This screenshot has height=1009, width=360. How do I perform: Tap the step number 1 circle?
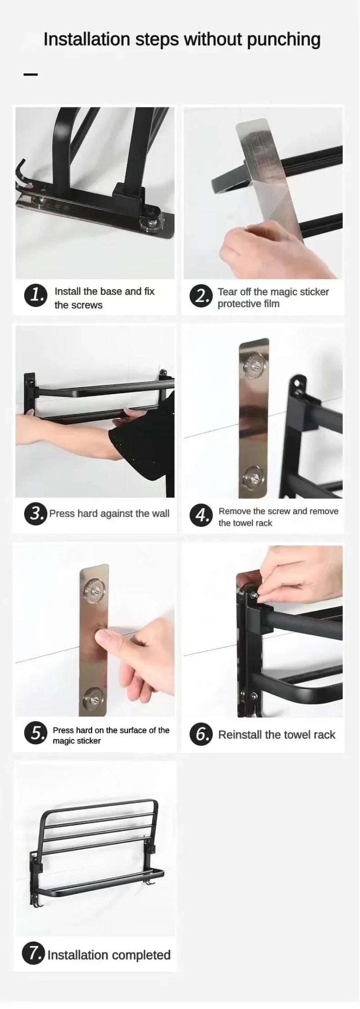pyautogui.click(x=35, y=296)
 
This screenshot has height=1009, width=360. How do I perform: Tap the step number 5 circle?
pyautogui.click(x=35, y=734)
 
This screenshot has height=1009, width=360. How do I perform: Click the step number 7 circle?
pyautogui.click(x=33, y=954)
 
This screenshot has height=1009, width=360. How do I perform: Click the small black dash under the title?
pyautogui.click(x=31, y=75)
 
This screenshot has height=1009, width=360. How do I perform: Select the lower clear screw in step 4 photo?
pyautogui.click(x=254, y=476)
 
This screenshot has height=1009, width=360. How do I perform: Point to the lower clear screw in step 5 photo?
pyautogui.click(x=94, y=696)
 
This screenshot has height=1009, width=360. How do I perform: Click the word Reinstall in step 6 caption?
pyautogui.click(x=240, y=735)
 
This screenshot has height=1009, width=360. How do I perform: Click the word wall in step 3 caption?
pyautogui.click(x=161, y=513)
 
